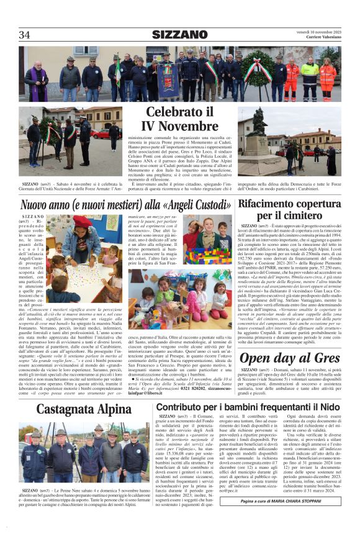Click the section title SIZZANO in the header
point(179,35)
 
